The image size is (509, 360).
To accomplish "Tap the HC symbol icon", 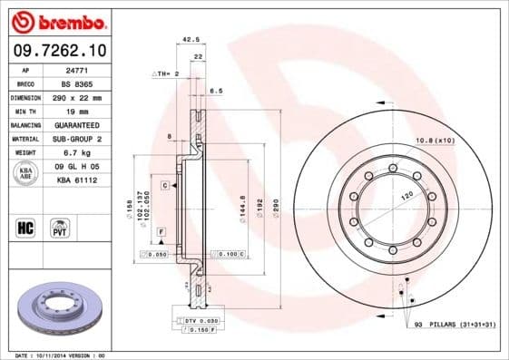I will [x=26, y=226].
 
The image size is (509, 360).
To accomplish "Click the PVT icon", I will [x=61, y=226].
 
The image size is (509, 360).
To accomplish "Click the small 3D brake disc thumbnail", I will [x=56, y=309].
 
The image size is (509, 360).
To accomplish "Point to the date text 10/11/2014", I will [x=56, y=355].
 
